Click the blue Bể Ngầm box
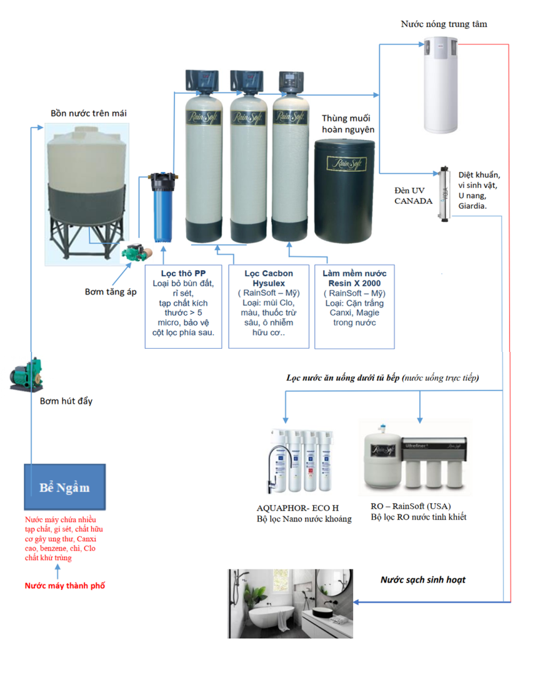tap(65, 487)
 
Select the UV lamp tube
tap(444, 192)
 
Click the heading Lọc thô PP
tap(183, 274)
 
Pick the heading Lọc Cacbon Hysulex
tap(269, 278)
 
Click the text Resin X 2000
tap(354, 283)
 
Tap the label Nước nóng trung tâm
tap(444, 24)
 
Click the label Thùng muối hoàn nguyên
tap(348, 124)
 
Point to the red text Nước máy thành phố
tap(65, 586)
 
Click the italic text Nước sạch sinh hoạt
tap(423, 579)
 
